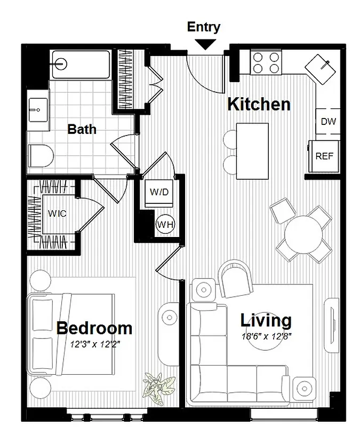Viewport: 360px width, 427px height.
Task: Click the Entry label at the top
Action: pyautogui.click(x=203, y=27)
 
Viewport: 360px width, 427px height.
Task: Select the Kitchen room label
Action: pyautogui.click(x=259, y=104)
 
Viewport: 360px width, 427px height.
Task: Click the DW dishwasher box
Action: pyautogui.click(x=328, y=122)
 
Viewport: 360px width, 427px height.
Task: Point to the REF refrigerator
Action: pyautogui.click(x=324, y=156)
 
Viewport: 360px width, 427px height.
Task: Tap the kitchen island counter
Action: pyautogui.click(x=252, y=151)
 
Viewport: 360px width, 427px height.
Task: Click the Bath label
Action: pyautogui.click(x=82, y=129)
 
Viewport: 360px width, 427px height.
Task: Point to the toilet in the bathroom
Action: pyautogui.click(x=42, y=156)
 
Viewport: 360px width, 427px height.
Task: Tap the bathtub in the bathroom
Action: pyautogui.click(x=81, y=64)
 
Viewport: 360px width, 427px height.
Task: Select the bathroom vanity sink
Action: pyautogui.click(x=38, y=112)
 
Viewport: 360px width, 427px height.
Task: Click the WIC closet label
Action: pyautogui.click(x=57, y=213)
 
